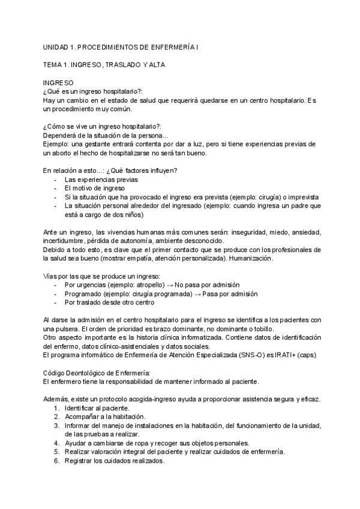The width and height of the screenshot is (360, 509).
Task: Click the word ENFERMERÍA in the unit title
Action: pos(175,46)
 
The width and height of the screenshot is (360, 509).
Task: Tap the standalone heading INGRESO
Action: pos(58,82)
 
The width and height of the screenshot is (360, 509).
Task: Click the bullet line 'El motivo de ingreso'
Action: pos(94,188)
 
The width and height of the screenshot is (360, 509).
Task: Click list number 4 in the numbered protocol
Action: pos(56,444)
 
